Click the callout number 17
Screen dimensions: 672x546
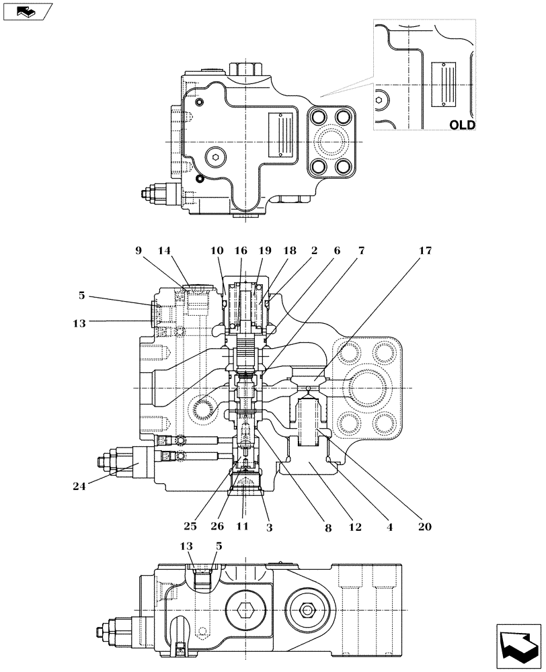pyautogui.click(x=425, y=251)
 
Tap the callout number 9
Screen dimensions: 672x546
pyautogui.click(x=139, y=251)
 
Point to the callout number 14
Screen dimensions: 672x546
pyautogui.click(x=165, y=251)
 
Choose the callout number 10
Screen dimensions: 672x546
pyautogui.click(x=217, y=251)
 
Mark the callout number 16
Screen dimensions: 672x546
pyautogui.click(x=241, y=251)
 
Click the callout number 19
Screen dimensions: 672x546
pyautogui.click(x=265, y=251)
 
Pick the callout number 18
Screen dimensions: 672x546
pyautogui.click(x=290, y=251)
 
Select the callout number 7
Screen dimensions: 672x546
pyautogui.click(x=361, y=251)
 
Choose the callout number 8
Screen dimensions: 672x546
pyautogui.click(x=328, y=528)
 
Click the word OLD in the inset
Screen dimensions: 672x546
pyautogui.click(x=462, y=124)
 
